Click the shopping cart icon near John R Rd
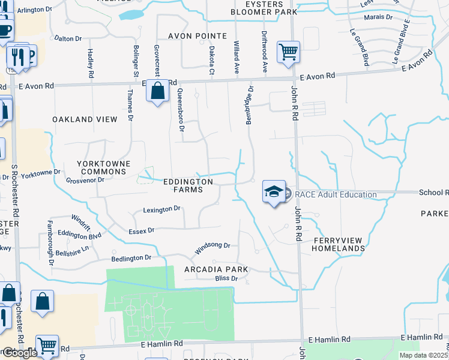288,52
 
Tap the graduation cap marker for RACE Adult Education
274,192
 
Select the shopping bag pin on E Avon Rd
157,92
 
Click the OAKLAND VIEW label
85,119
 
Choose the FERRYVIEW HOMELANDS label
339,244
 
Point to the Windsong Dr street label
212,245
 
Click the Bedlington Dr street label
131,258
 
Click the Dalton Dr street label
68,38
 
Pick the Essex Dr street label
142,230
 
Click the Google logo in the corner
19,353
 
